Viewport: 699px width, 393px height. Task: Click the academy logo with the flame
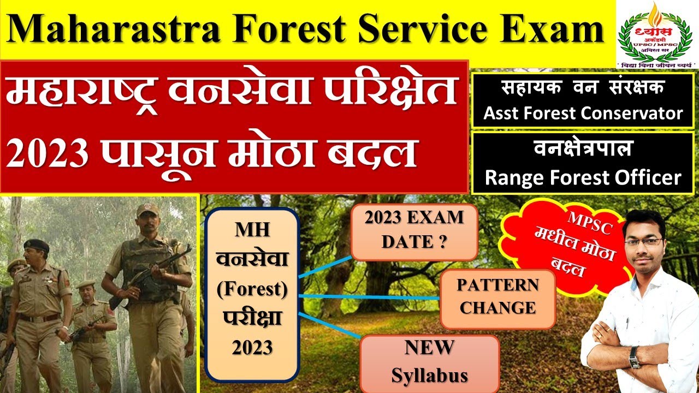(657, 33)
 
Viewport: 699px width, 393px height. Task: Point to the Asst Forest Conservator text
(583, 113)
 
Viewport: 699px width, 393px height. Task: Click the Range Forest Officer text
(583, 177)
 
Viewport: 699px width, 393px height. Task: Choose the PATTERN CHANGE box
(497, 296)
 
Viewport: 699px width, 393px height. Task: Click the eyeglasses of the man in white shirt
(644, 241)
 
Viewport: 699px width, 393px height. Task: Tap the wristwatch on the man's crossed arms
(633, 357)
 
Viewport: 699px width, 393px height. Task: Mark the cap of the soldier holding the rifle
(147, 210)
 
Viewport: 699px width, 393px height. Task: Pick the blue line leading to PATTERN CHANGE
(371, 297)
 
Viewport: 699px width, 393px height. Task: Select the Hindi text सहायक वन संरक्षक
(583, 88)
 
